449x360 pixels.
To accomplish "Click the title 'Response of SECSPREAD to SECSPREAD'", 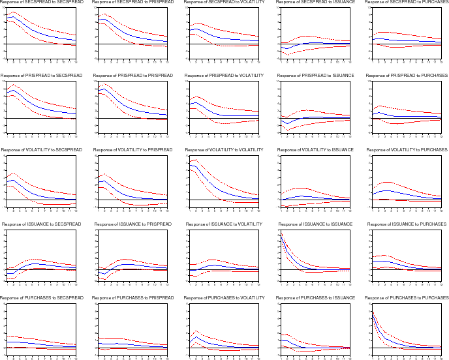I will (x=41, y=3).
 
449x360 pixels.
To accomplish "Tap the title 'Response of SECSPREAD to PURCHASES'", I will (x=407, y=3).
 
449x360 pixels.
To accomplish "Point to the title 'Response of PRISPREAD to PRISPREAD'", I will (x=132, y=76).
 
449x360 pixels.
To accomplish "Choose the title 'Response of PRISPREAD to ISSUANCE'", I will (x=315, y=76).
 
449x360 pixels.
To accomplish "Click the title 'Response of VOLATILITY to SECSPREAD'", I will (x=41, y=150).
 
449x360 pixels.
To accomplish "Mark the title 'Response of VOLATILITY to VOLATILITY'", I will (x=224, y=150).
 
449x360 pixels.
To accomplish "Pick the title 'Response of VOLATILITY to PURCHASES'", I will (x=407, y=150).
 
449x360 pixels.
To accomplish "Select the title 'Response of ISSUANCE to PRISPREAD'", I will (x=132, y=224).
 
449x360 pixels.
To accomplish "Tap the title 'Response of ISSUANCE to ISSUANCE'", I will (x=315, y=224).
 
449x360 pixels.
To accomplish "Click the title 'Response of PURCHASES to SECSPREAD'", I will (x=41, y=299).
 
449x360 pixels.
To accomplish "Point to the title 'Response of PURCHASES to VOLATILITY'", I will (x=224, y=299).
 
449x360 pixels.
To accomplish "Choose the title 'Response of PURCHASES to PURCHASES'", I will (x=407, y=299).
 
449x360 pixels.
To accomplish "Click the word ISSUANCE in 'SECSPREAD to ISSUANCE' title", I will (x=341, y=3).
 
